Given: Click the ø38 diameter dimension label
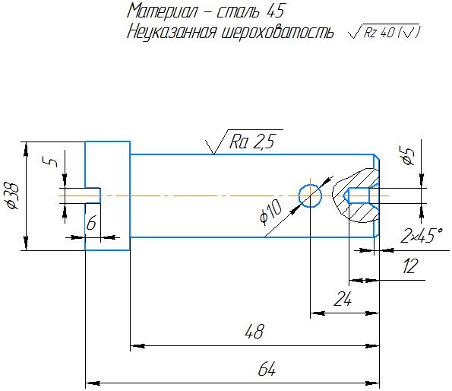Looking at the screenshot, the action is pyautogui.click(x=12, y=196).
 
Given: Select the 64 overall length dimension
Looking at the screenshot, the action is pyautogui.click(x=267, y=369).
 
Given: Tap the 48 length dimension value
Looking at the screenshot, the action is pyautogui.click(x=254, y=332).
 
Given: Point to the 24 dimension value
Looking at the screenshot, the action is pyautogui.click(x=343, y=299).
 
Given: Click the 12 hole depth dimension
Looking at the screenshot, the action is pyautogui.click(x=409, y=266).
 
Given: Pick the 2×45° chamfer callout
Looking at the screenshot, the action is pyautogui.click(x=422, y=235).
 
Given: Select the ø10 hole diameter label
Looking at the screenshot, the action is pyautogui.click(x=270, y=212).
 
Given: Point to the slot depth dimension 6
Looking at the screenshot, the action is pyautogui.click(x=91, y=223).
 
